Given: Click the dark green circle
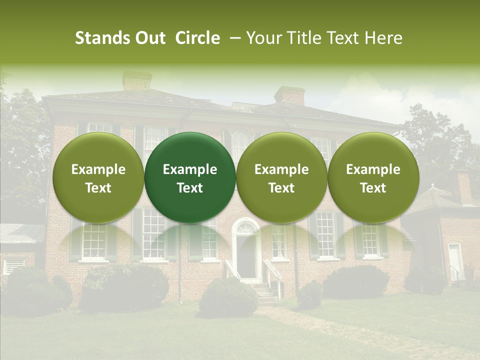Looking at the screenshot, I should pyautogui.click(x=190, y=177).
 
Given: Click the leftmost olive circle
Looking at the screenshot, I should pyautogui.click(x=98, y=177).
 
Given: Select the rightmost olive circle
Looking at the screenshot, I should pyautogui.click(x=373, y=177).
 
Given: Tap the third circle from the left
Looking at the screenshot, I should pyautogui.click(x=281, y=177).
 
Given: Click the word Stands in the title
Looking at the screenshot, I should pyautogui.click(x=103, y=38).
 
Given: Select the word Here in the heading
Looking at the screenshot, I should pyautogui.click(x=385, y=38).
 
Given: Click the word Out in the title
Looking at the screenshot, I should pyautogui.click(x=151, y=38).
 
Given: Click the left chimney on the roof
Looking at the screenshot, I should pyautogui.click(x=137, y=80).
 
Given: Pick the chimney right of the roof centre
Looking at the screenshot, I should pyautogui.click(x=289, y=95).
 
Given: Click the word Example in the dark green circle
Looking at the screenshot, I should pyautogui.click(x=190, y=169).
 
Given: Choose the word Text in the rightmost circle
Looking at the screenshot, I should pyautogui.click(x=373, y=188).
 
